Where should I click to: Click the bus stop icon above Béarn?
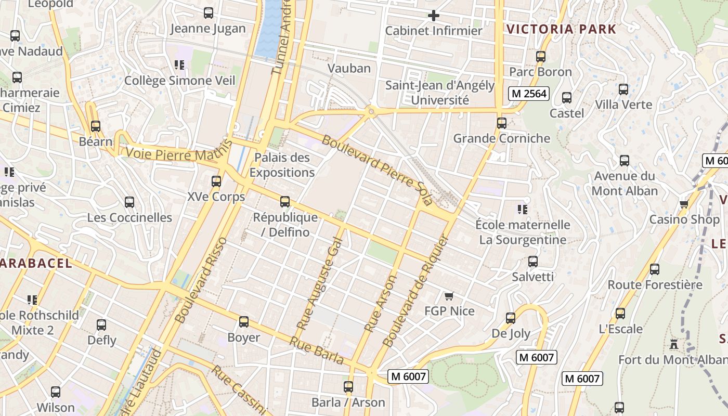pos(95,126)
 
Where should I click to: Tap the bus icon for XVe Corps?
pos(216,181)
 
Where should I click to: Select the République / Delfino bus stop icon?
pos(285,202)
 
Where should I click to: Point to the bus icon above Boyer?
pos(244,322)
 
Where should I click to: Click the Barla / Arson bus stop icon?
pos(348,387)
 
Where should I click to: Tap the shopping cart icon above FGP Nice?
pos(449,296)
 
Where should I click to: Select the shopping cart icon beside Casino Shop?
pos(684,204)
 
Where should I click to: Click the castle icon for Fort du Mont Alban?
pos(674,344)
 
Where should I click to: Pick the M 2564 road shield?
pos(528,94)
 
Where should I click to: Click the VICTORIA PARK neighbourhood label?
pos(561,29)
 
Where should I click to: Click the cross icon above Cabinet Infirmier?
pos(433,16)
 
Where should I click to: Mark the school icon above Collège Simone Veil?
pos(179,65)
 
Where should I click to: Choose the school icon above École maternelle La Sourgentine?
pos(523,210)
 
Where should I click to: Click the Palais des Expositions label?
pos(282,165)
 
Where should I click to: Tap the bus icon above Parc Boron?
pos(541,57)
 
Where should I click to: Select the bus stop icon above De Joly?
pos(511,318)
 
